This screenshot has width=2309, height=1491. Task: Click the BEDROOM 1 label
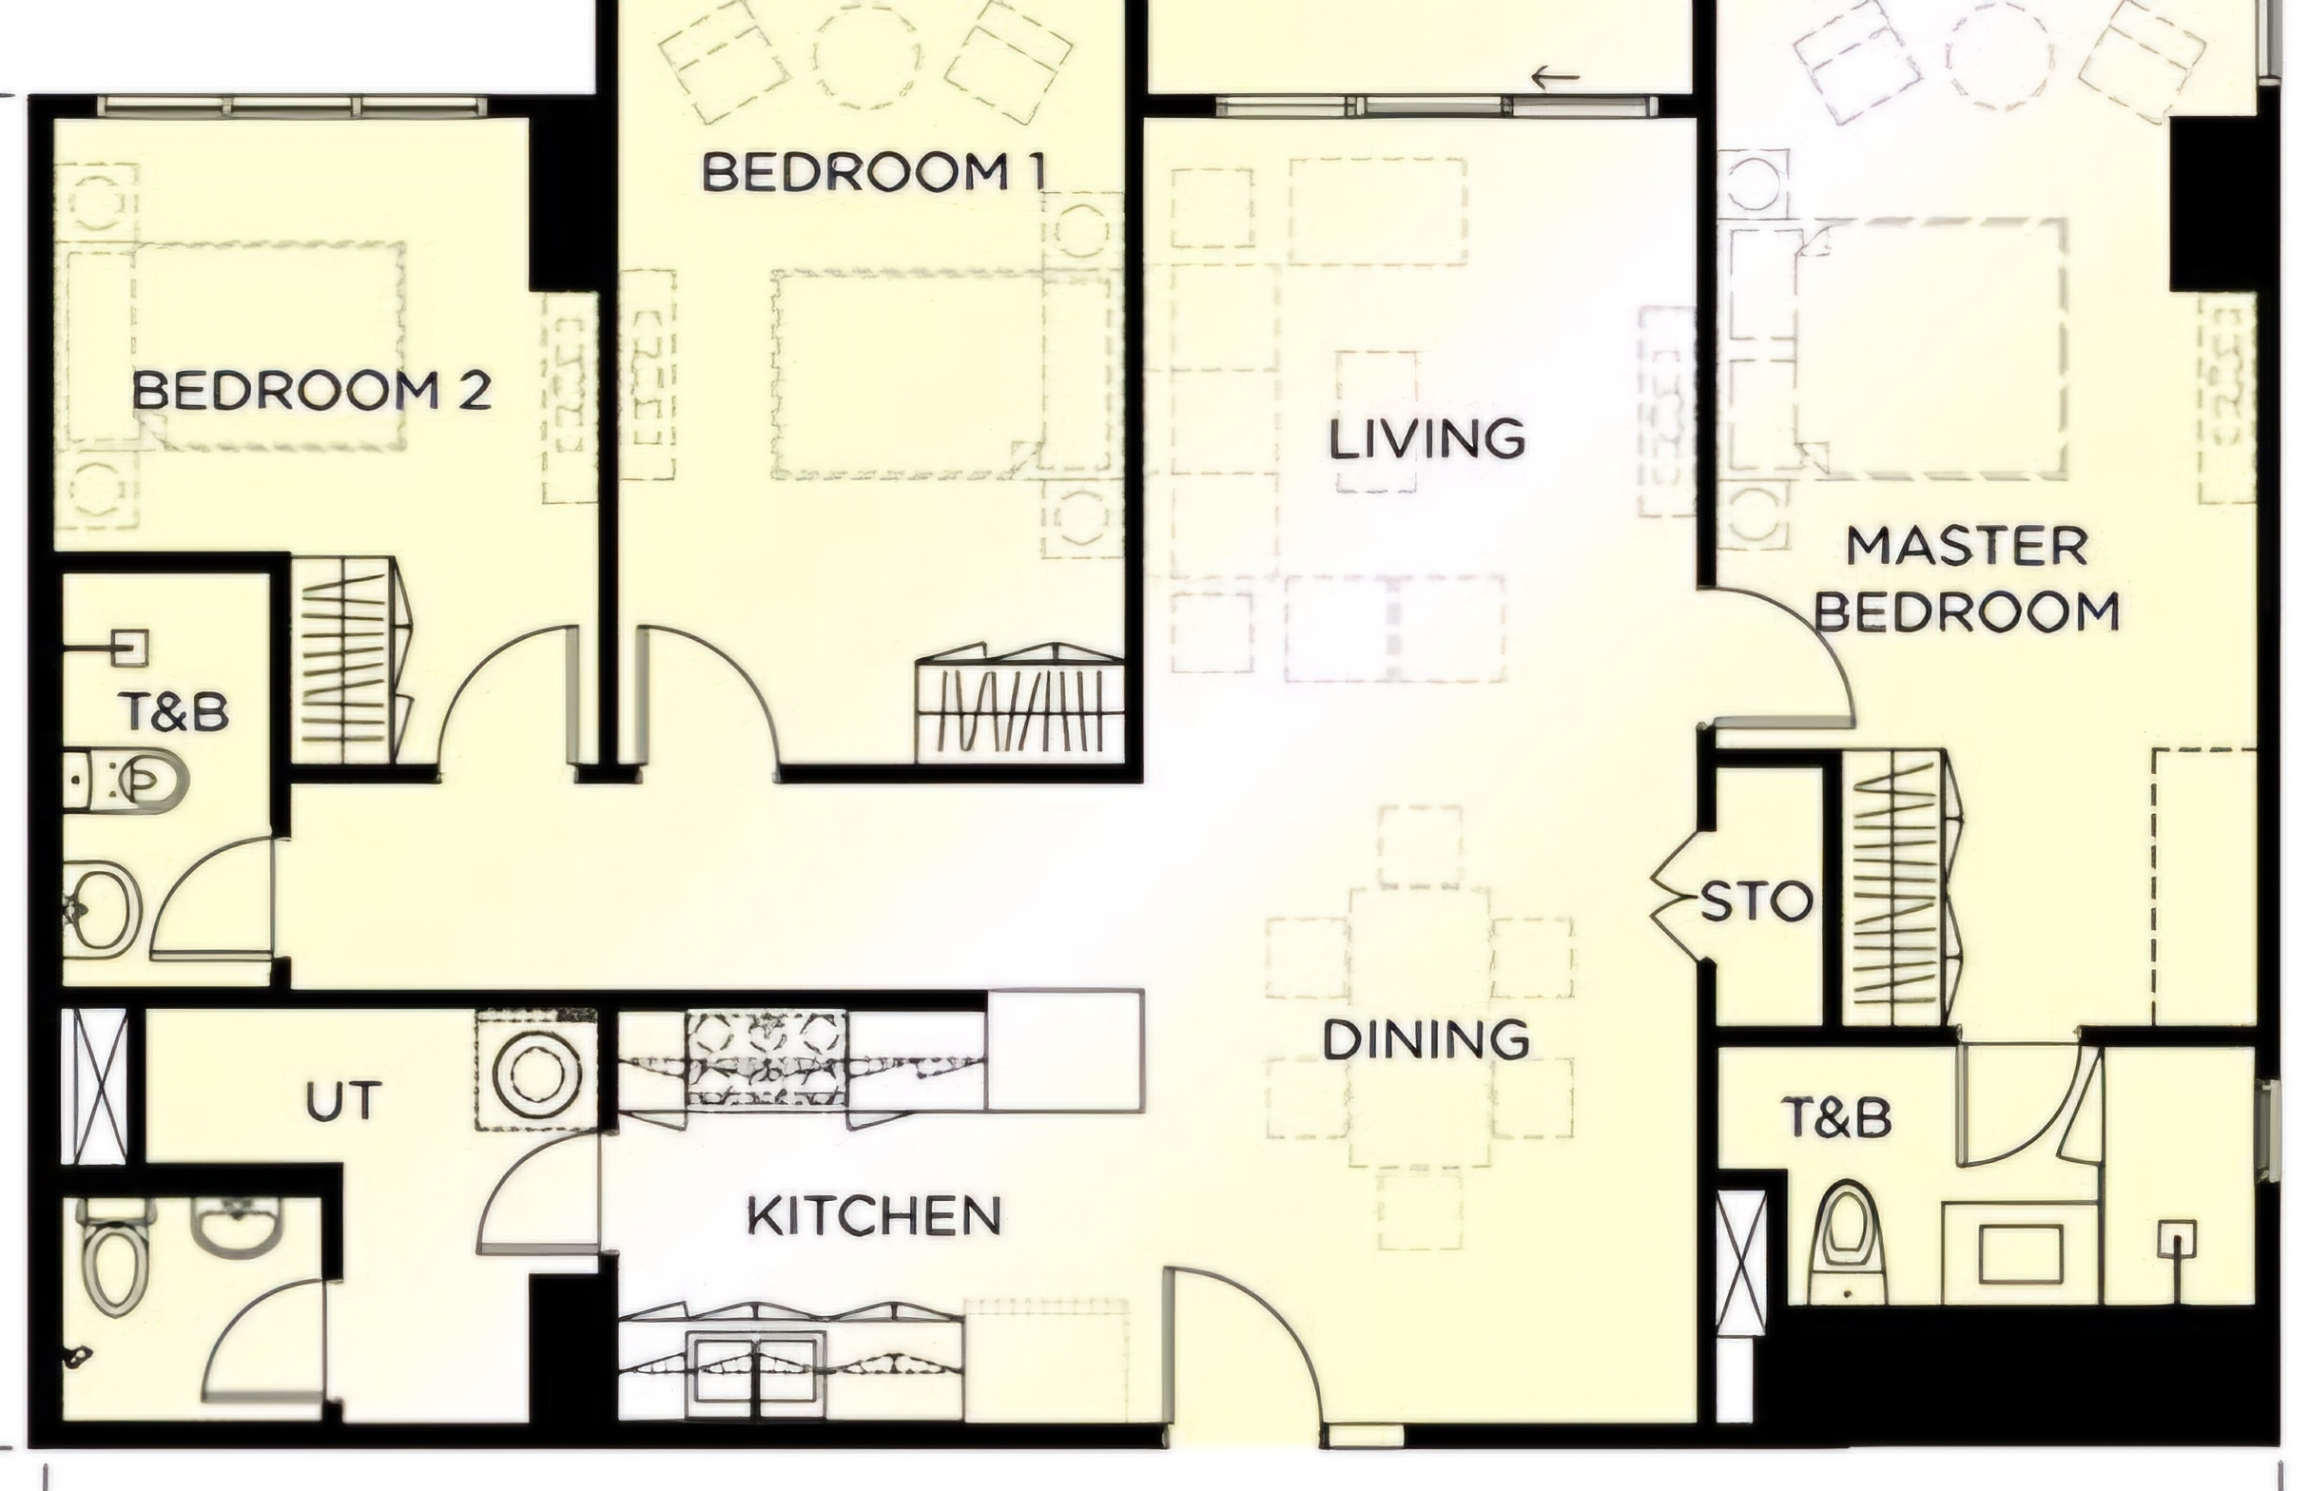coord(873,172)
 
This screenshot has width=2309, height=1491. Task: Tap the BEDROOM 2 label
coord(311,390)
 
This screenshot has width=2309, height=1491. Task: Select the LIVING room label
coord(1426,439)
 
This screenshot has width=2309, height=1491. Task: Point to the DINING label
coord(1426,1040)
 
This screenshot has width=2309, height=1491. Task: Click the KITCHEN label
coord(874,1215)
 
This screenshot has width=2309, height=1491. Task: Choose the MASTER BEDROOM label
coord(1967,579)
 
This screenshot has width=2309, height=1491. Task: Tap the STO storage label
coord(1756,902)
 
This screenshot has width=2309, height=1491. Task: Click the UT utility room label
coord(342,1102)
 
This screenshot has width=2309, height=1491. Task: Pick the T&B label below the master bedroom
coord(1836,1118)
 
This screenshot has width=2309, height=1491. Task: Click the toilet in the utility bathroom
coord(115,1256)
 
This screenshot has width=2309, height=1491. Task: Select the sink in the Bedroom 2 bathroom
coord(101,909)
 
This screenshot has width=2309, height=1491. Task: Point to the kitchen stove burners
coord(766,1060)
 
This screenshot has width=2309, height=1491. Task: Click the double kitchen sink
coord(757,1368)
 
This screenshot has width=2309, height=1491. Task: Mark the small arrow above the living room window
coord(1555,75)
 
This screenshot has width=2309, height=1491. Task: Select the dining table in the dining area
coord(1419,1026)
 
